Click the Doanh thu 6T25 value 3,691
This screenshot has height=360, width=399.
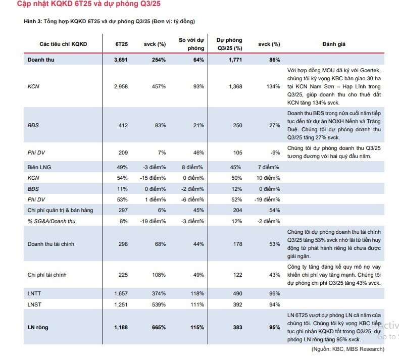[x=121, y=60]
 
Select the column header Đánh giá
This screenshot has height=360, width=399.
[x=334, y=44]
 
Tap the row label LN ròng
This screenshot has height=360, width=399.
[x=38, y=327]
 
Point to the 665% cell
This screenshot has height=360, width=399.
[x=159, y=327]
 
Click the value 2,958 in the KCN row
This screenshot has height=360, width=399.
[x=121, y=86]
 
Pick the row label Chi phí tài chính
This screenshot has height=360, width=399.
[x=47, y=275]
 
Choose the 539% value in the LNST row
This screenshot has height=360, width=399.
[x=159, y=304]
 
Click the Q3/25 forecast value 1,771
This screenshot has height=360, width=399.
[x=235, y=60]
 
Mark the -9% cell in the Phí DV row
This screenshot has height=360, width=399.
[x=275, y=152]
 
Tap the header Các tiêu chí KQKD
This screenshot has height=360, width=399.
[x=63, y=44]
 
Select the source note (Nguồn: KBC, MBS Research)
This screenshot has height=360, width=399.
[x=348, y=349]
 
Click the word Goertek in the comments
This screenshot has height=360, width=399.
[x=370, y=70]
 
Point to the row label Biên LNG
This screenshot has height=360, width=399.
[x=39, y=167]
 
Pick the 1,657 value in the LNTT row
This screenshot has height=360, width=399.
[x=121, y=293]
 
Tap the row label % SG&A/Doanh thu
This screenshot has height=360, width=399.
[x=52, y=221]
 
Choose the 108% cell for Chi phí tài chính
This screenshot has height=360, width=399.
[x=159, y=275]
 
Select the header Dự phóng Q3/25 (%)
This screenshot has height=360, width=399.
[x=229, y=44]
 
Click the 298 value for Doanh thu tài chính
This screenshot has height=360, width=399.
[x=123, y=244]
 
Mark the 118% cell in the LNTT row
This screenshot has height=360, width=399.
[x=197, y=293]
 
